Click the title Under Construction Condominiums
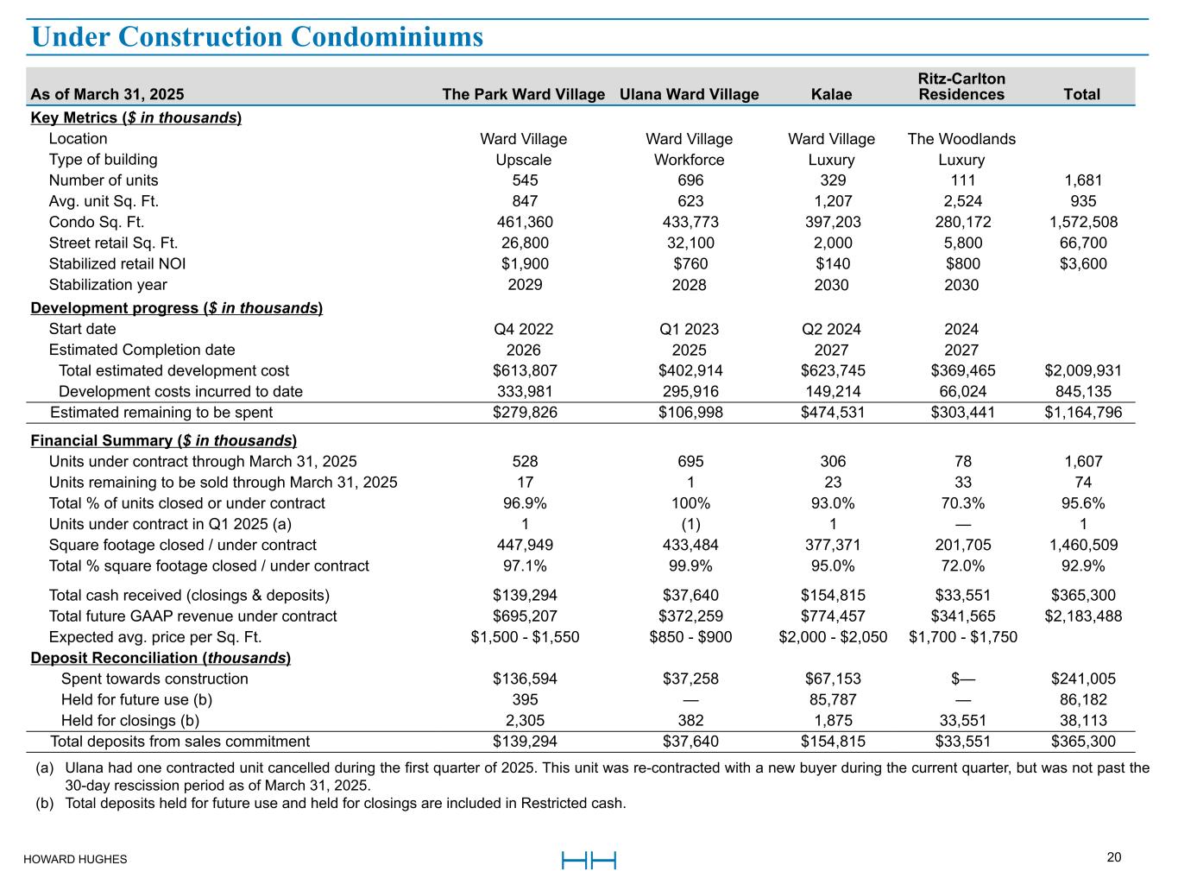click(x=257, y=37)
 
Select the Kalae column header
click(x=831, y=94)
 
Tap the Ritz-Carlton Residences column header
click(x=961, y=86)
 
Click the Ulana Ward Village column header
click(x=689, y=94)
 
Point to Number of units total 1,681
click(x=1083, y=180)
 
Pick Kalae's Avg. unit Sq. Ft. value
click(x=833, y=201)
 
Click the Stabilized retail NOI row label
click(x=117, y=263)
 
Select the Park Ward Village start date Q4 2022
click(x=523, y=329)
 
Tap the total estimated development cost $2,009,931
click(x=1083, y=371)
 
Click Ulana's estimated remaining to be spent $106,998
click(x=690, y=412)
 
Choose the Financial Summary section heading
click(x=164, y=440)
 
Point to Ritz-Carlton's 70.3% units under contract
click(x=962, y=503)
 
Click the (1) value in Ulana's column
click(x=690, y=524)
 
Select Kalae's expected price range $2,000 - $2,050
click(x=833, y=637)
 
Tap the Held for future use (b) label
click(x=137, y=700)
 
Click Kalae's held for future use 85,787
click(x=833, y=700)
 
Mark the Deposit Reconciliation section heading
click(x=161, y=658)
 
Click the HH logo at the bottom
click(x=589, y=861)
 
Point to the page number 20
click(x=1113, y=858)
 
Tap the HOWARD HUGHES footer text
click(x=75, y=859)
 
